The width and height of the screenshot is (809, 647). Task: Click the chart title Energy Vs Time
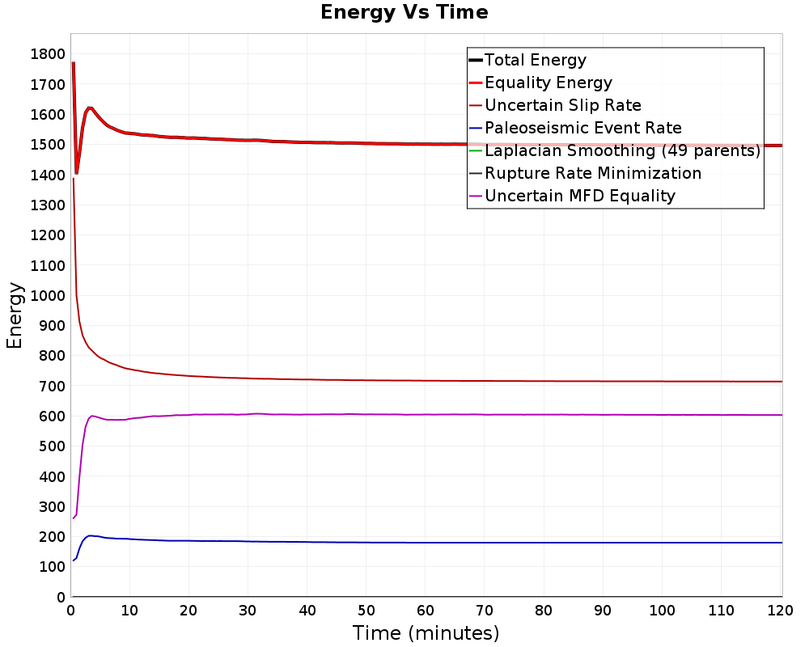(404, 12)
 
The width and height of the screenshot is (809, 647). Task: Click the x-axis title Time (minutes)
(426, 632)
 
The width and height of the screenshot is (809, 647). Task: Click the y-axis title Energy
(15, 315)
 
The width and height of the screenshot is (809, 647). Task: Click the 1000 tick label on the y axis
(48, 296)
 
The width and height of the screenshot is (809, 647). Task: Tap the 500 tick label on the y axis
(52, 446)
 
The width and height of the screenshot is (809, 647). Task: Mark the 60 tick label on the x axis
(426, 611)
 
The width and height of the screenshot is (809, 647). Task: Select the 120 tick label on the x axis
(780, 611)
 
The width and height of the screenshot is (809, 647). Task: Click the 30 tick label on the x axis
(248, 611)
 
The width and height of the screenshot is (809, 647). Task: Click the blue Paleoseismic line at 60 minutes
(426, 542)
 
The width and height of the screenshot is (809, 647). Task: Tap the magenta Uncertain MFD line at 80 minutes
(544, 414)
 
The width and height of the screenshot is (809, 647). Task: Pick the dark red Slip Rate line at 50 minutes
(366, 380)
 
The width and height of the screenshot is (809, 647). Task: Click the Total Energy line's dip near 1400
(76, 173)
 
